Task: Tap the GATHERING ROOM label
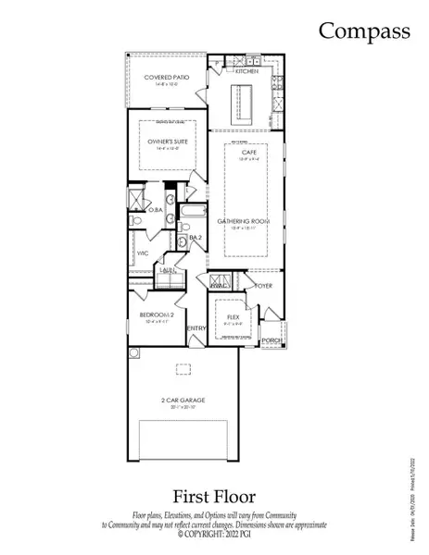click(x=244, y=222)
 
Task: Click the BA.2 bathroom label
click(x=196, y=238)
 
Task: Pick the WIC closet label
click(x=143, y=253)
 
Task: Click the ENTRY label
click(x=196, y=328)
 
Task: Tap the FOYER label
click(x=264, y=286)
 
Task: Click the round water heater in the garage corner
click(x=133, y=352)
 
